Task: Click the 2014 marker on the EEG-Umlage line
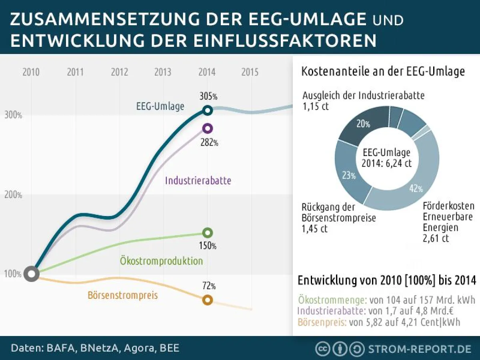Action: [x=207, y=110]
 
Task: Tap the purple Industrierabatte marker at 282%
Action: [x=207, y=128]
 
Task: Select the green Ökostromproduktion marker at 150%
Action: [x=207, y=232]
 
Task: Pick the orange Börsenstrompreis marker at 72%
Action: [x=207, y=300]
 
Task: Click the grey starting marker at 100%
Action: [x=31, y=274]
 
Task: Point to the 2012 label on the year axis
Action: [x=119, y=72]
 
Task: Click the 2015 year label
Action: [x=250, y=72]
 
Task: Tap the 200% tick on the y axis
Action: [x=13, y=195]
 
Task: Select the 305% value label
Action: [x=208, y=96]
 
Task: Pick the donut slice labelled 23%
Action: [x=347, y=174]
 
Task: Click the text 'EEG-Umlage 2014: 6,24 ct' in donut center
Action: [x=386, y=158]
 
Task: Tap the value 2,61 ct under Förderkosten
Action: [x=436, y=239]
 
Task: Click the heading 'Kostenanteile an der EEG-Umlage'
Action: [x=382, y=72]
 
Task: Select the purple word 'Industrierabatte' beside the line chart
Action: [x=198, y=180]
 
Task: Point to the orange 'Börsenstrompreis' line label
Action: [x=122, y=296]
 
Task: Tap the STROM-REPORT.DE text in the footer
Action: [x=420, y=349]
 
